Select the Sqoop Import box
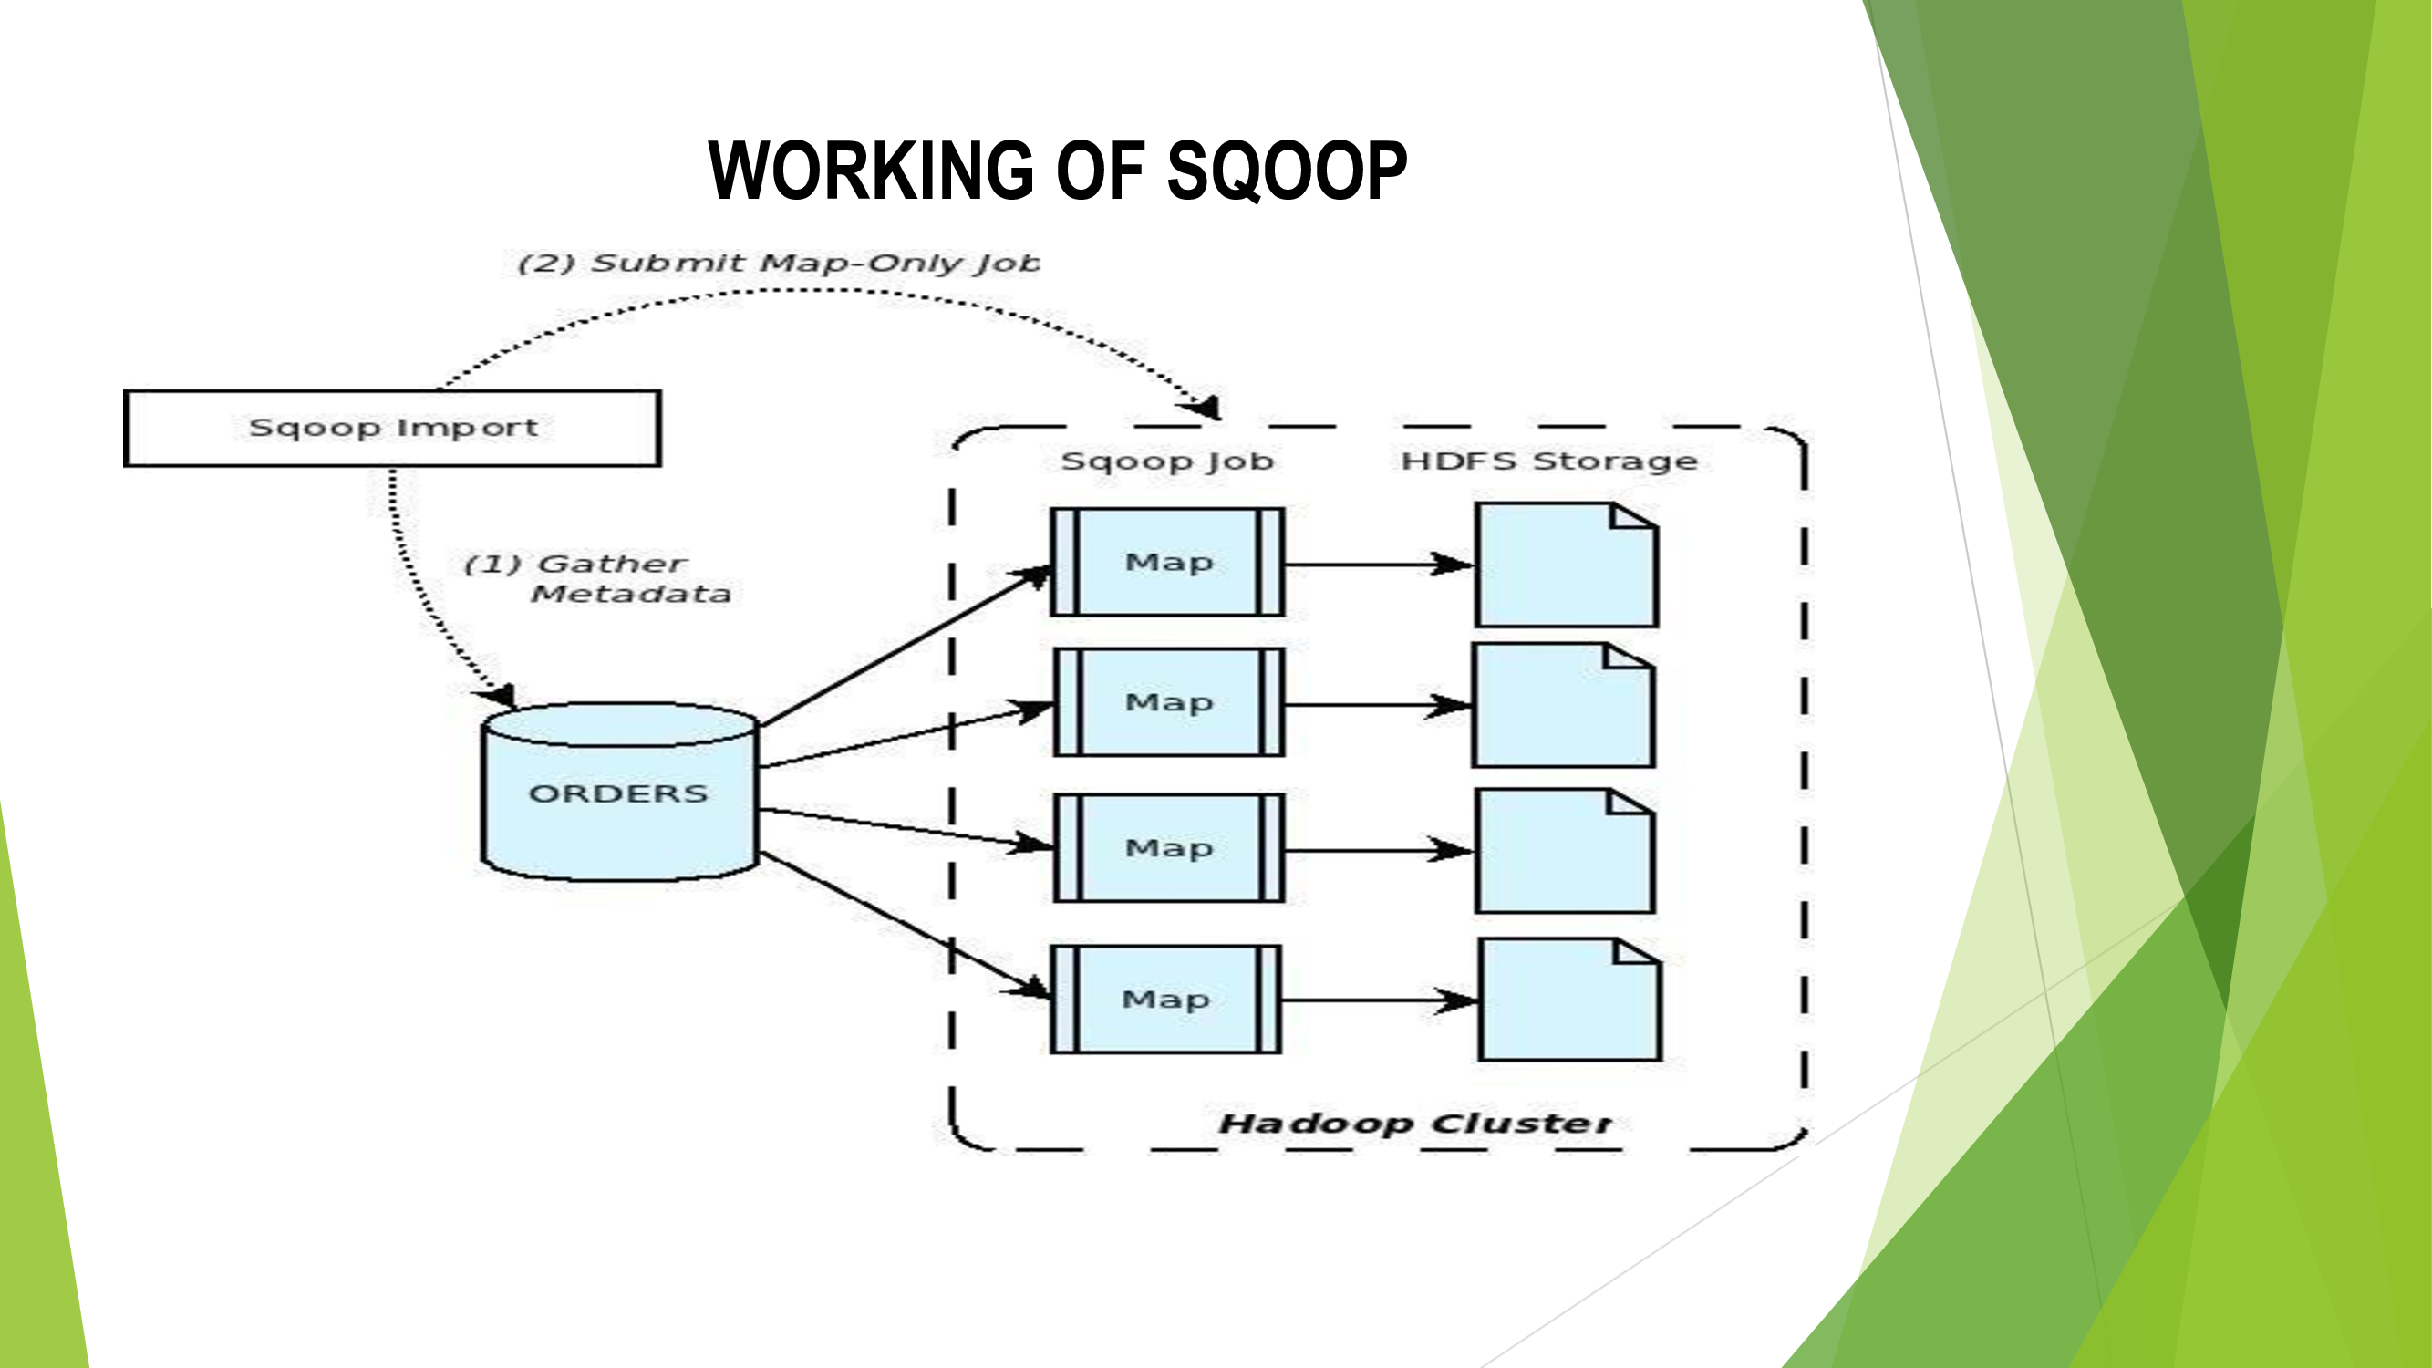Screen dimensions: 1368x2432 coord(392,428)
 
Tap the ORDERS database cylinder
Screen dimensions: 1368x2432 coord(619,793)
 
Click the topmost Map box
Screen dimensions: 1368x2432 coord(1168,563)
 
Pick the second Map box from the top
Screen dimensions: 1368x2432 coord(1168,702)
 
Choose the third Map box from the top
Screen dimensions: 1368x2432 coord(1168,848)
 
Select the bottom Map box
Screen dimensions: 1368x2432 coord(1165,999)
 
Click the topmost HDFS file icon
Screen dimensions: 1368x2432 coord(1567,565)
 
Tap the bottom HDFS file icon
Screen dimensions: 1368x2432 coord(1570,1000)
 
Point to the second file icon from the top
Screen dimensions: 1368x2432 coord(1563,705)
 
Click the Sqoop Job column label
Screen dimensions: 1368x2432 coord(1167,461)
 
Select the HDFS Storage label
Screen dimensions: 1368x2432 coord(1548,461)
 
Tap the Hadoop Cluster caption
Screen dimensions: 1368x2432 coord(1414,1124)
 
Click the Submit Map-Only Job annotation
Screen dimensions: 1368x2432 coord(779,263)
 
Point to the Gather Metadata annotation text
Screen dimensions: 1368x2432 coord(598,578)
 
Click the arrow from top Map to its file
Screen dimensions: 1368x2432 coord(1379,565)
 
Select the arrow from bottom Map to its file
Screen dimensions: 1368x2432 coord(1379,1000)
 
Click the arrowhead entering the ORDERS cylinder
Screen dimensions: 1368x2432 coord(501,697)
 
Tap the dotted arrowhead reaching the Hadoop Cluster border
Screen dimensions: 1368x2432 coord(1203,407)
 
